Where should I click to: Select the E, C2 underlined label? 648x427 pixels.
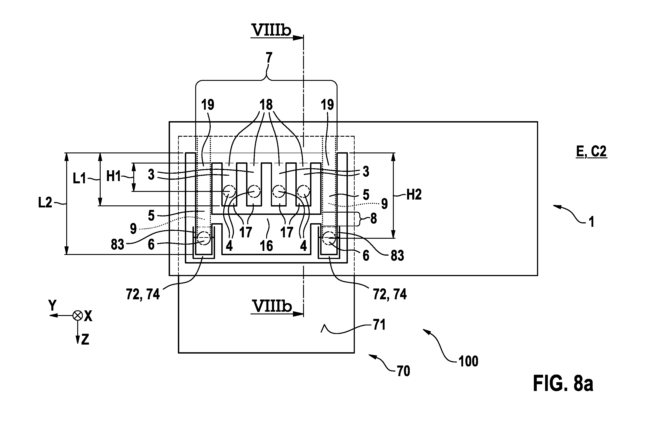coord(591,151)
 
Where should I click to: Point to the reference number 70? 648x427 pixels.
coord(403,371)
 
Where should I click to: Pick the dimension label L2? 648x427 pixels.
coord(45,203)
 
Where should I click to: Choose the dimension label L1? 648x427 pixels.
coord(79,179)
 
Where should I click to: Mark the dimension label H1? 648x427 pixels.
coord(113,176)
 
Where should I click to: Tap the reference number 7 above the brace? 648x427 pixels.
coord(269,58)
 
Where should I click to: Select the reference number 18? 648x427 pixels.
coord(266,104)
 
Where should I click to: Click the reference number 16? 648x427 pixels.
coord(266,246)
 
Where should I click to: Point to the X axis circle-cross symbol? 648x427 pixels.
coord(78,316)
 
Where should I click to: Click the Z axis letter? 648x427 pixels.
coord(85,340)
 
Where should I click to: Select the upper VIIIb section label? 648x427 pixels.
coord(272,30)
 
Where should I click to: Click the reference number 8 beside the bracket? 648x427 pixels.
coord(374,219)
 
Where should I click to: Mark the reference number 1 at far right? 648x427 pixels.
coord(591,222)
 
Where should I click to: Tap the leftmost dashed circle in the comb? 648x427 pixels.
coord(229,192)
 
